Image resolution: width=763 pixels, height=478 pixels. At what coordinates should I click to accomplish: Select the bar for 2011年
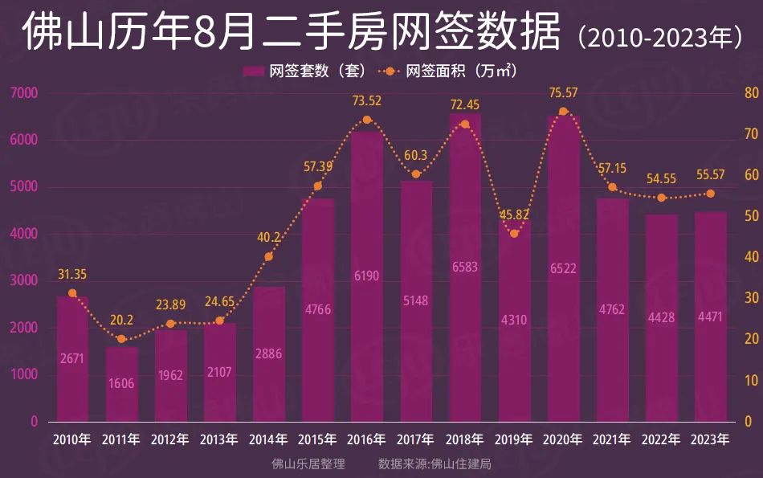121,384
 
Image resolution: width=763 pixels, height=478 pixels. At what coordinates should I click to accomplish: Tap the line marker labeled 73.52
367,120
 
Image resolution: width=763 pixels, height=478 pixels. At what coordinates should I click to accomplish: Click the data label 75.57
563,93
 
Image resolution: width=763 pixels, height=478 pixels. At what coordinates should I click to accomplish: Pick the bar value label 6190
367,276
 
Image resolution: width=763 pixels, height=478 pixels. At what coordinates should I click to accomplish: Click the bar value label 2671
72,357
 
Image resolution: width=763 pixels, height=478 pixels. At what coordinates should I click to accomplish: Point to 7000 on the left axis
24,93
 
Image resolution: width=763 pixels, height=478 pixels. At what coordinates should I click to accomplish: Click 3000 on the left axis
24,281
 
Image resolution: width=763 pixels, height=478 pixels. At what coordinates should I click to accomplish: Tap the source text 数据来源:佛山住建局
435,464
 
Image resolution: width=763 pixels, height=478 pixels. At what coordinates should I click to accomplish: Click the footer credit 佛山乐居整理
308,464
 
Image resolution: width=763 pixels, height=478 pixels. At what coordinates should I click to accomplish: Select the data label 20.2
121,320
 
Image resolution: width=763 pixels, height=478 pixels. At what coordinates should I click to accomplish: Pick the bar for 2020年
563,268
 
